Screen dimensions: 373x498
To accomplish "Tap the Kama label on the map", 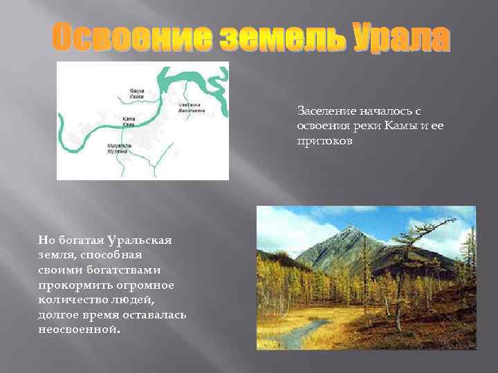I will pyautogui.click(x=129, y=122).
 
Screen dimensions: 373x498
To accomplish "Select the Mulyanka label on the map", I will pyautogui.click(x=116, y=148).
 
